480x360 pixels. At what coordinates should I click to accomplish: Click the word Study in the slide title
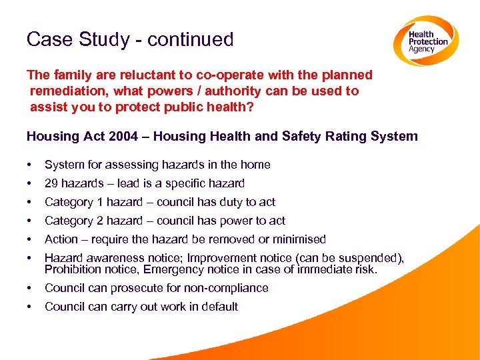pos(106,40)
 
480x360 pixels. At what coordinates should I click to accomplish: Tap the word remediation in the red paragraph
pos(69,91)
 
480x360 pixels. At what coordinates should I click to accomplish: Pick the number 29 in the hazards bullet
pos(51,183)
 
